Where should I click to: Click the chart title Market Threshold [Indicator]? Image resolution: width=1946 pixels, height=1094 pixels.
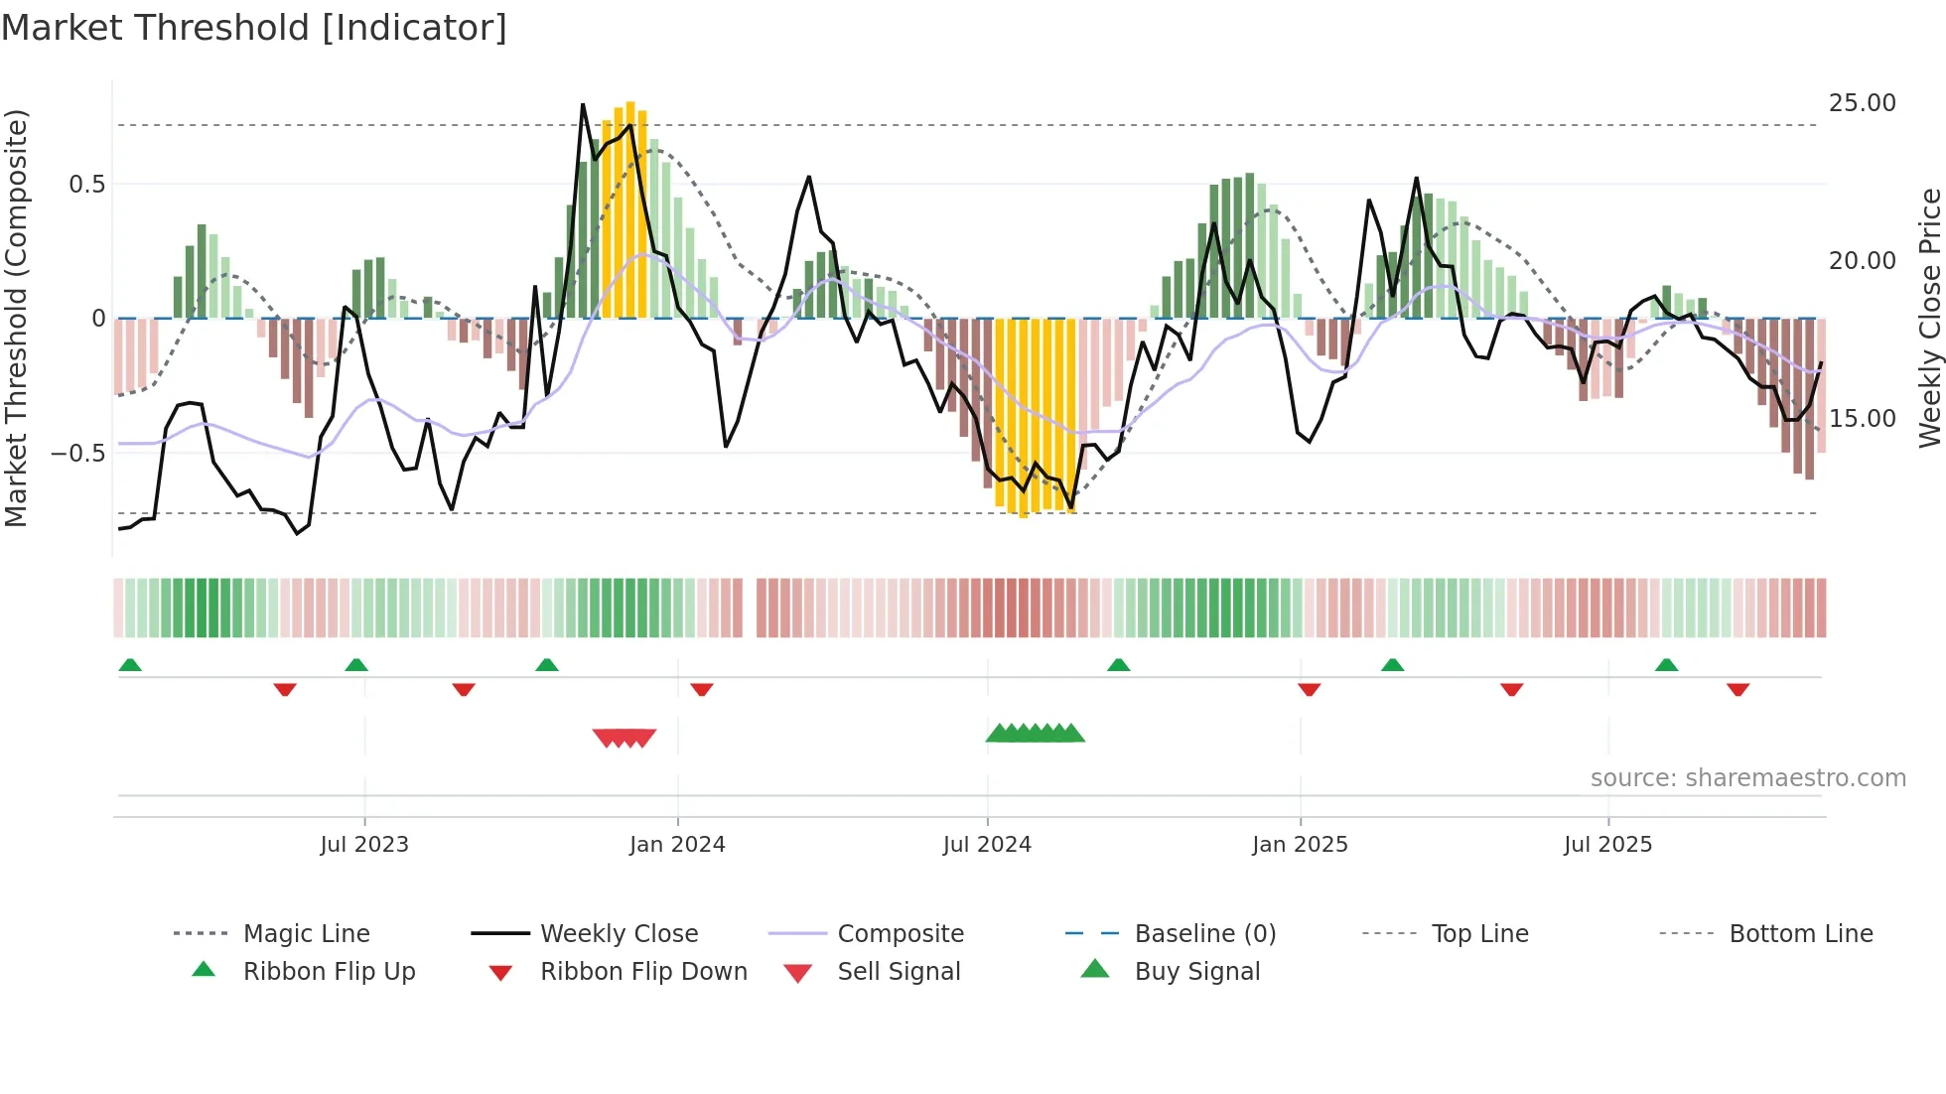(254, 28)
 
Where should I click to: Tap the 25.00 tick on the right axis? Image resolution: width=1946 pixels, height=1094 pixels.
(1862, 103)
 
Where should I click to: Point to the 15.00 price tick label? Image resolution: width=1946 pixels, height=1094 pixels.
(1862, 419)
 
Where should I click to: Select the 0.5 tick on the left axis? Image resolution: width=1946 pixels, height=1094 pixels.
(86, 185)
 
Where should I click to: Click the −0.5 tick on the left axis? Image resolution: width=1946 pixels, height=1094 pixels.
(77, 454)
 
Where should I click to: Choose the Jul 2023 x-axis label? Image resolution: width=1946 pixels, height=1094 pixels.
(364, 845)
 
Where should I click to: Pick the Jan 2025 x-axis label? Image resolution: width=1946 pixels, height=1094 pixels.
(1300, 845)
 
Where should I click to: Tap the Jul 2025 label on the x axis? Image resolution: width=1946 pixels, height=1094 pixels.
(1607, 845)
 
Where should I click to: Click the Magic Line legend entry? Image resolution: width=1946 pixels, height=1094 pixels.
(306, 934)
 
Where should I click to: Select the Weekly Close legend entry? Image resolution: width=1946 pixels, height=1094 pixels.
(619, 934)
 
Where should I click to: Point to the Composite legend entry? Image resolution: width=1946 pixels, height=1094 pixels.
(901, 934)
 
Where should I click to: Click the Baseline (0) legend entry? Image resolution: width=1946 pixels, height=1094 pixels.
(1204, 934)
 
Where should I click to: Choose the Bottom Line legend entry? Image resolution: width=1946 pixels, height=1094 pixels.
(1800, 934)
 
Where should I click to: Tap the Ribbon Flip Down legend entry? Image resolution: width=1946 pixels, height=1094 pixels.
(643, 972)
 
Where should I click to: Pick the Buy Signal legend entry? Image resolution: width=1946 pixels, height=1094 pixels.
(1196, 972)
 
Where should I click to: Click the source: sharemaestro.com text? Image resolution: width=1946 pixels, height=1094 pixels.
(1747, 778)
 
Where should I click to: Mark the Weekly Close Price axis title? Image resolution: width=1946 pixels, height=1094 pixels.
(1929, 318)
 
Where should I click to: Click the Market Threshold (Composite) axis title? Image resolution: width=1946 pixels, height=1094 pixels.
(16, 318)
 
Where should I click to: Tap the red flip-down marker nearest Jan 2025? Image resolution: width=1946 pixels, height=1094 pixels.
(1309, 689)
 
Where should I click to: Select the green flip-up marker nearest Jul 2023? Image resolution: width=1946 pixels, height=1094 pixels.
(356, 664)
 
